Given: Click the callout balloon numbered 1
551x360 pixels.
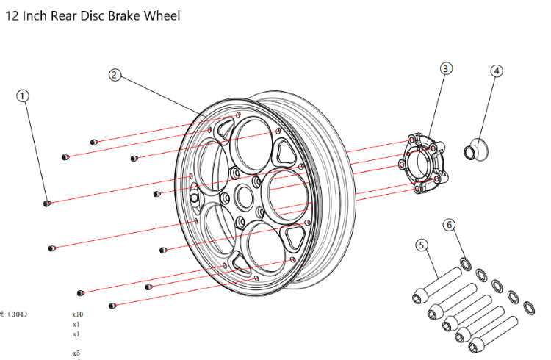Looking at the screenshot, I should tap(24, 96).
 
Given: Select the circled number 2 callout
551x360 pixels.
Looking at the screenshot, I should tap(115, 75).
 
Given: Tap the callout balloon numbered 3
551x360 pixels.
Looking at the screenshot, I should tap(445, 68).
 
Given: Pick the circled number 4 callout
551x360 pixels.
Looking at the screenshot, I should tap(497, 71).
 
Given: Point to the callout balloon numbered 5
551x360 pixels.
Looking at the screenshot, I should tap(422, 245).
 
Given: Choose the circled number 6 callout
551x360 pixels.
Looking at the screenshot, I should tap(450, 225).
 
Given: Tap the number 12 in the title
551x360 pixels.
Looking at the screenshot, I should tap(12, 15).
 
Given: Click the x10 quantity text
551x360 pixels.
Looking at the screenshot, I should tap(77, 314).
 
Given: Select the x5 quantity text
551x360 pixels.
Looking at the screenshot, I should tap(76, 353).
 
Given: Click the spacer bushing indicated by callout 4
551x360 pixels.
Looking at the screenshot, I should tap(475, 149).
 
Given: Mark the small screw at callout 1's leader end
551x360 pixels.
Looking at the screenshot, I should tap(47, 204).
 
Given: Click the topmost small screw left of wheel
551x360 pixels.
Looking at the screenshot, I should tap(93, 141).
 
